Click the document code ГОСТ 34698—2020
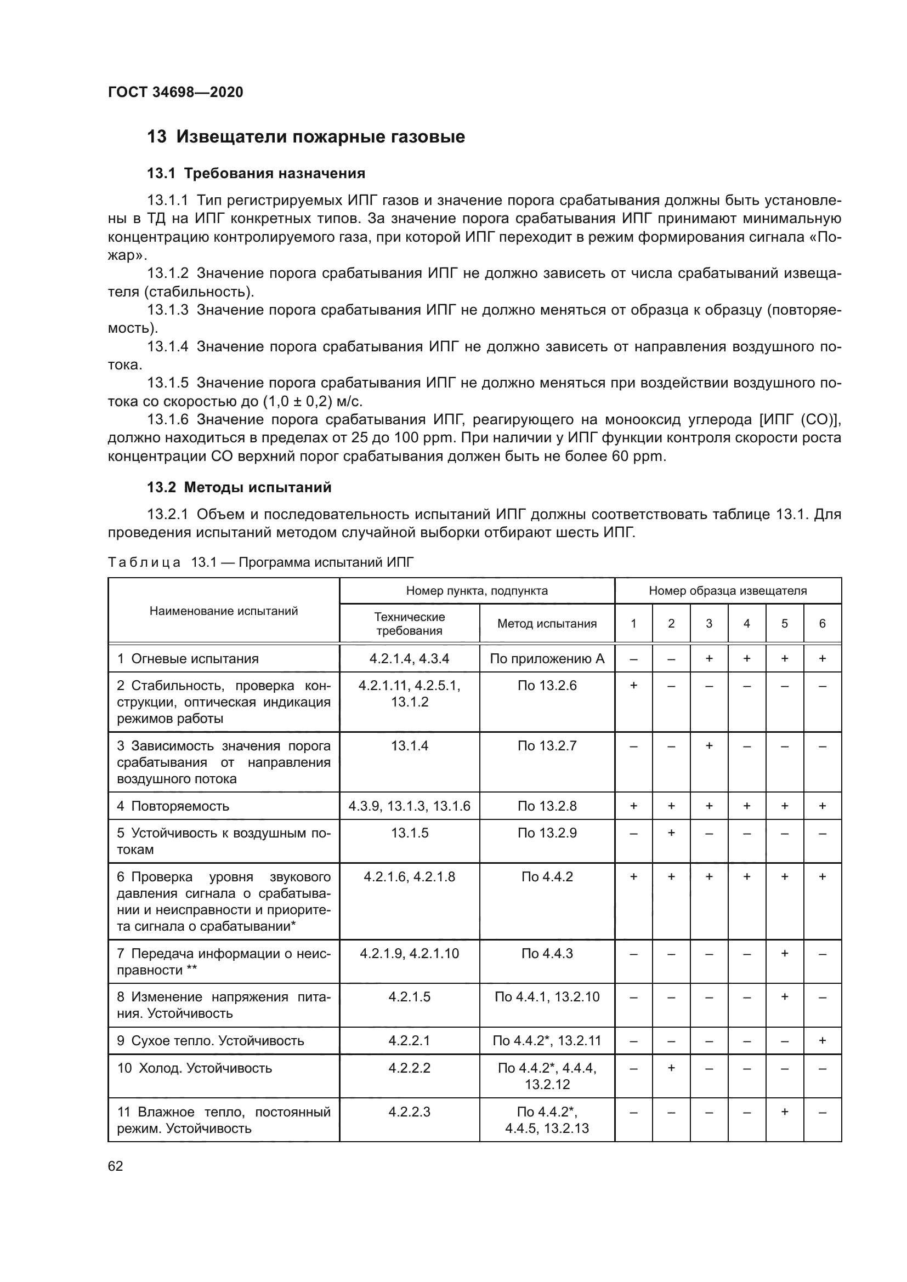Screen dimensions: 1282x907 click(175, 92)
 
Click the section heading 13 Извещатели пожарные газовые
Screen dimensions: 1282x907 click(305, 137)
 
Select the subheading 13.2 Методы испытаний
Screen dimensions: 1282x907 click(239, 487)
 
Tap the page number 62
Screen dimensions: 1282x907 click(116, 1166)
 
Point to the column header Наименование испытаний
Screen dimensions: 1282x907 click(223, 611)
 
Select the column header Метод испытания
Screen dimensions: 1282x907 click(547, 624)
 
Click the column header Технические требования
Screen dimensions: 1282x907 click(410, 624)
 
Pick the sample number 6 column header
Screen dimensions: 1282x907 click(822, 624)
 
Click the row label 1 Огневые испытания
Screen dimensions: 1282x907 click(188, 659)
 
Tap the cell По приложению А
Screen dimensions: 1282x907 click(547, 659)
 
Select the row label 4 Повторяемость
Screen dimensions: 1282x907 click(173, 806)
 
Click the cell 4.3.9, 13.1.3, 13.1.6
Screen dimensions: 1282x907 click(410, 806)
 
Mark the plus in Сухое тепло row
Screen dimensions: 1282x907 click(822, 1041)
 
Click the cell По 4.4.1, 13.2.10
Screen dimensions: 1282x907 click(547, 996)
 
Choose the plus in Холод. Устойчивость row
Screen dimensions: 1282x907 click(671, 1068)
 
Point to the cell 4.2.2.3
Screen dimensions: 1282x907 click(410, 1112)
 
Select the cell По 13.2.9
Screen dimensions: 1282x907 click(547, 833)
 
